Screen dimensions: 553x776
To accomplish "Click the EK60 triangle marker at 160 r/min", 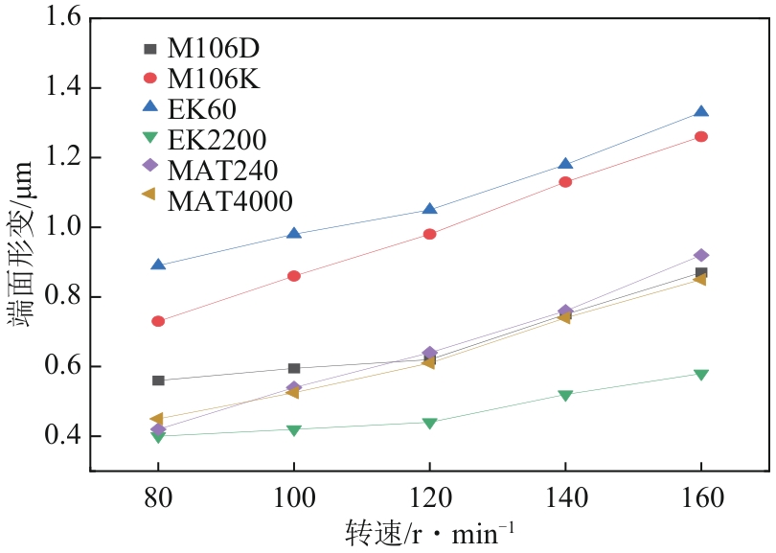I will (x=701, y=113).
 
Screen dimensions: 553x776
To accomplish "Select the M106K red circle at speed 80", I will (x=158, y=321).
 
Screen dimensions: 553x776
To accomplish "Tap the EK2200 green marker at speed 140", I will (x=565, y=395).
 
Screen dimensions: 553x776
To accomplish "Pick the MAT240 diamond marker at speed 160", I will (x=701, y=255).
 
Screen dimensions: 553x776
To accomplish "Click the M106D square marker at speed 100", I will (x=294, y=368).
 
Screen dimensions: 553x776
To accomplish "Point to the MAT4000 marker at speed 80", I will (x=157, y=419).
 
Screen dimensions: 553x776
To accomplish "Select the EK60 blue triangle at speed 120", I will (x=429, y=209).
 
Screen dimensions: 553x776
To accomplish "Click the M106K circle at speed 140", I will (x=565, y=182).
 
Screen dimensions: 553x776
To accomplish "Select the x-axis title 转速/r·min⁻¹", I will (x=430, y=533).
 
